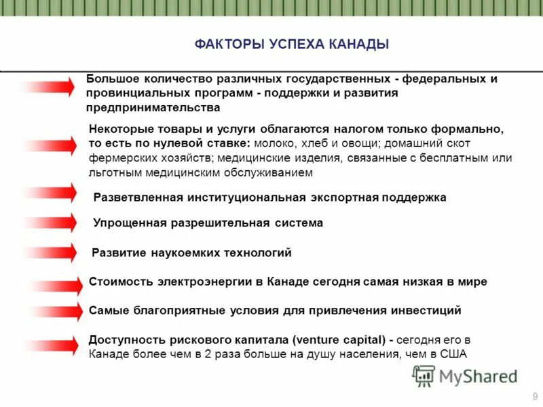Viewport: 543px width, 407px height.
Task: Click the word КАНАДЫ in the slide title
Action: [358, 45]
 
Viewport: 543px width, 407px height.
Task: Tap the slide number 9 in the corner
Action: [536, 395]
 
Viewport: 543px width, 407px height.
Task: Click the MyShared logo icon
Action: [424, 376]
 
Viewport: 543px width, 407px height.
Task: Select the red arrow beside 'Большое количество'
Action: [51, 87]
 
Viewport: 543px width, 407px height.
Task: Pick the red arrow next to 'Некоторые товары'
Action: [51, 145]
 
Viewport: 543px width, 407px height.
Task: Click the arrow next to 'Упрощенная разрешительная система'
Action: [51, 223]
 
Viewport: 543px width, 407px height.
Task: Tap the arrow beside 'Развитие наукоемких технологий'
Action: [51, 253]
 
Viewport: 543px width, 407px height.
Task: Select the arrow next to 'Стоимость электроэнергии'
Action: [51, 283]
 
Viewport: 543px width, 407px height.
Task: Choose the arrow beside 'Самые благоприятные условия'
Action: [51, 311]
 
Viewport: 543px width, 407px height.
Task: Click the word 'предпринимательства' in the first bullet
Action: [153, 107]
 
